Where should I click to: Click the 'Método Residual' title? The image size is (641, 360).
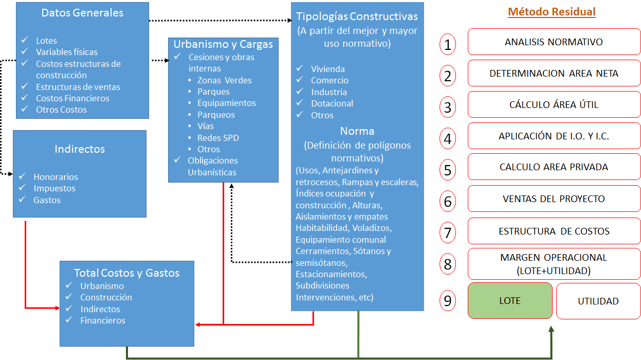(x=552, y=12)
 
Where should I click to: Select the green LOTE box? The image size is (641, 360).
(x=510, y=301)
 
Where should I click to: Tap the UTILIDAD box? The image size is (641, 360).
(x=598, y=301)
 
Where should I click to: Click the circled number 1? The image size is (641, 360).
(x=448, y=44)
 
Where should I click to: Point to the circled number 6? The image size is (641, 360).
(x=448, y=201)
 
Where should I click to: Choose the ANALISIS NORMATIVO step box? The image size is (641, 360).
(x=554, y=42)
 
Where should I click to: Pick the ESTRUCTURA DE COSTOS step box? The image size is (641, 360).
(x=554, y=231)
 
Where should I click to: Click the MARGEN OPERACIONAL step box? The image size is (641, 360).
(x=554, y=263)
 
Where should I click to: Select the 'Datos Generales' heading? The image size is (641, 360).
(x=82, y=13)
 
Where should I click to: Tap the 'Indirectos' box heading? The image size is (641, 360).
(x=80, y=149)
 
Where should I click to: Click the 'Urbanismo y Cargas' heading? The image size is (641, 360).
(x=223, y=44)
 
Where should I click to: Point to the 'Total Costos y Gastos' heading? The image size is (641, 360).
(x=126, y=273)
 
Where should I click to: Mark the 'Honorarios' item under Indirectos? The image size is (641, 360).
(x=56, y=177)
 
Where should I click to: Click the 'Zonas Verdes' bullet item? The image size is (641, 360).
(x=225, y=80)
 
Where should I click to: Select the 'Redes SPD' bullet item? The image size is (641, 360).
(x=218, y=138)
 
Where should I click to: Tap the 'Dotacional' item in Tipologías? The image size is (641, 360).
(x=332, y=103)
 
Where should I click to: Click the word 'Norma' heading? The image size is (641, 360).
(x=357, y=131)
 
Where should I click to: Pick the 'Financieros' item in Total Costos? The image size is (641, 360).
(x=103, y=320)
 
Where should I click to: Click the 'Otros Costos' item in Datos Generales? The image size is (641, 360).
(x=61, y=110)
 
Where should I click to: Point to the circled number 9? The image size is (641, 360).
(x=448, y=301)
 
